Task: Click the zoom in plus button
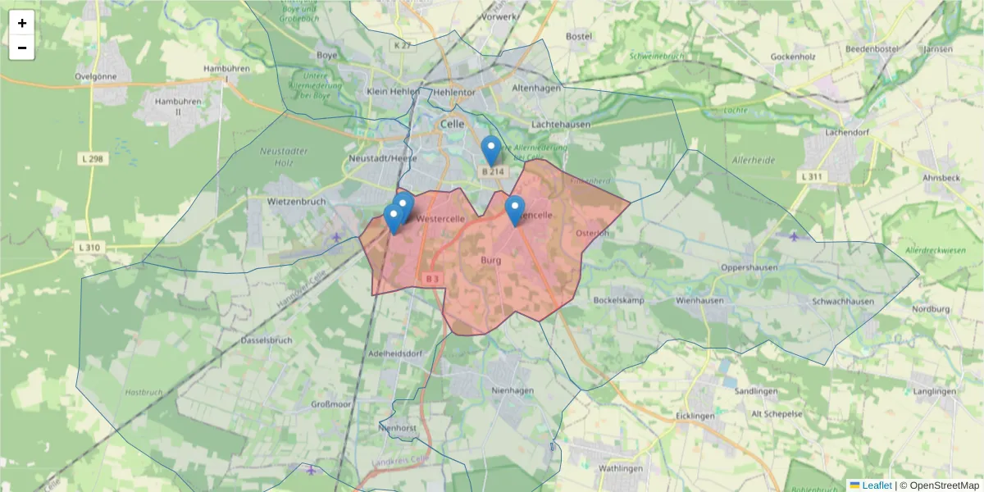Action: (x=22, y=23)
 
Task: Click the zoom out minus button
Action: (x=22, y=48)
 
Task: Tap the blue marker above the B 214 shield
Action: (x=491, y=150)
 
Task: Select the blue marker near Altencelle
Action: (x=514, y=210)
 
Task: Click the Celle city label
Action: (x=452, y=124)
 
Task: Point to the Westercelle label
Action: (x=441, y=220)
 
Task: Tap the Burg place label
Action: (x=491, y=260)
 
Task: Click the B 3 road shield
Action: (x=433, y=279)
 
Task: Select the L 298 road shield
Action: (x=92, y=158)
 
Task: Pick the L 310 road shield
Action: (x=90, y=247)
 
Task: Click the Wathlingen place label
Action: (x=621, y=468)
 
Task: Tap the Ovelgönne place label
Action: (x=96, y=76)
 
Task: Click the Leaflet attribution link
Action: (x=876, y=485)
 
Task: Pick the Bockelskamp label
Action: (x=618, y=300)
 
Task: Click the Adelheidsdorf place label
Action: (x=395, y=353)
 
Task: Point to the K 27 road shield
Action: (x=402, y=46)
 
